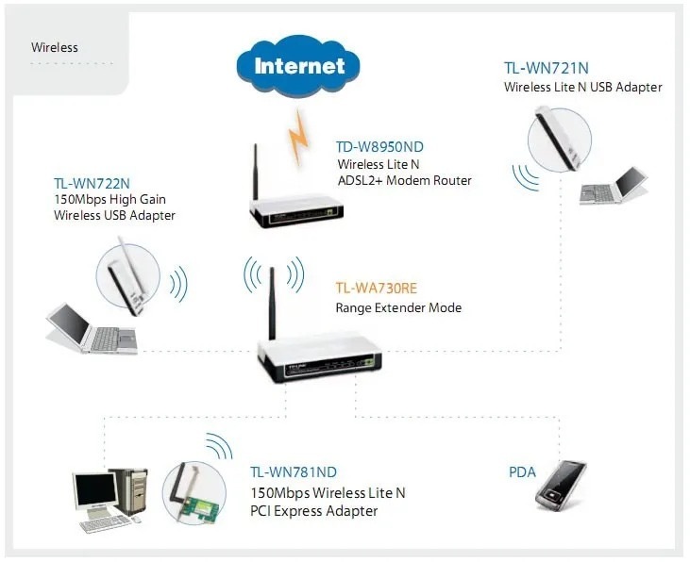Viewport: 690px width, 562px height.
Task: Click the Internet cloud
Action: coord(300,65)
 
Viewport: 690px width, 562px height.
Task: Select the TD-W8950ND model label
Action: coord(380,148)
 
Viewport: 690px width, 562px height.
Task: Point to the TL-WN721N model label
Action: coord(547,69)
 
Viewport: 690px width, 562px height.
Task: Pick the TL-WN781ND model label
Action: coord(294,472)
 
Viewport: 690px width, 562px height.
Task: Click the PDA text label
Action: coord(522,472)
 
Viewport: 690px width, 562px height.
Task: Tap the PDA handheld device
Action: coord(561,485)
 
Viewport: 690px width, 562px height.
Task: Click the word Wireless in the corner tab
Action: coord(55,47)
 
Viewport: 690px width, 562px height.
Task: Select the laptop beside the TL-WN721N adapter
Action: coord(615,188)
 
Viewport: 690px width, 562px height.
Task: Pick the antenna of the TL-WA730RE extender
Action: coord(273,301)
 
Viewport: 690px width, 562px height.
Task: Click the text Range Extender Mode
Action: coord(398,308)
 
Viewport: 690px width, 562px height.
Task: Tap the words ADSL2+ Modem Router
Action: coord(404,180)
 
